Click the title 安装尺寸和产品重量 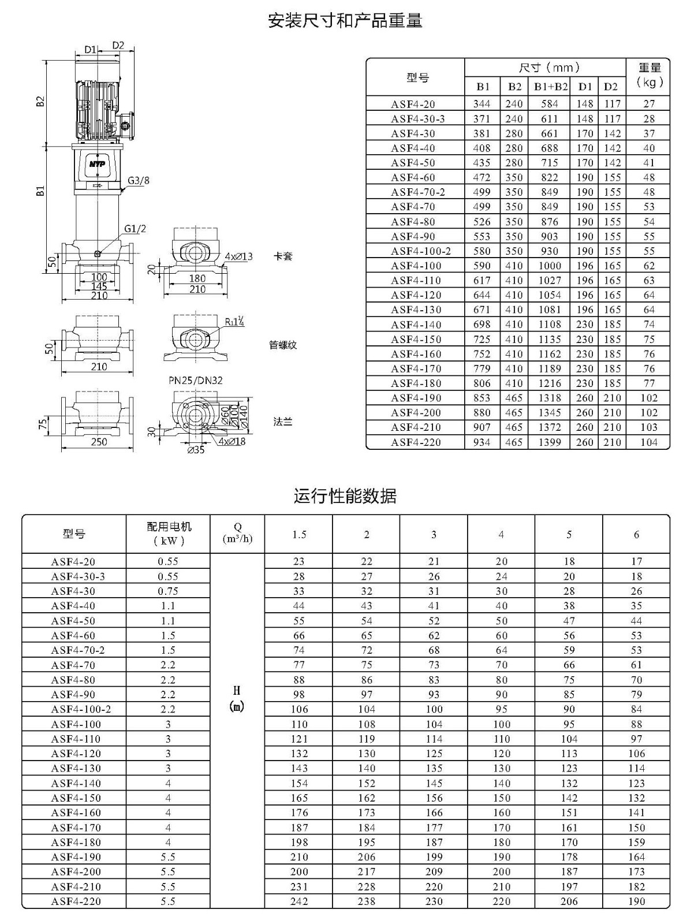[345, 21]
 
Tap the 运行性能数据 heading [345, 495]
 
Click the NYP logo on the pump [97, 163]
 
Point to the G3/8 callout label [138, 180]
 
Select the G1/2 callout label [135, 229]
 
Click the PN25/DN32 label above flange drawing [195, 381]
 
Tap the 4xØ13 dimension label [238, 256]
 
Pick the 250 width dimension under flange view [99, 442]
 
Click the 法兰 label [283, 422]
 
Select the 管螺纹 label [283, 345]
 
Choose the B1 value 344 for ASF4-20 [482, 104]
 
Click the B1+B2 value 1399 [550, 442]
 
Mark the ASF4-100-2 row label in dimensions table [421, 251]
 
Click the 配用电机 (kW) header [169, 534]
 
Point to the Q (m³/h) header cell [237, 533]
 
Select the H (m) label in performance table [237, 698]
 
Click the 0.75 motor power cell [168, 591]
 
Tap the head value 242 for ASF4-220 [299, 901]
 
